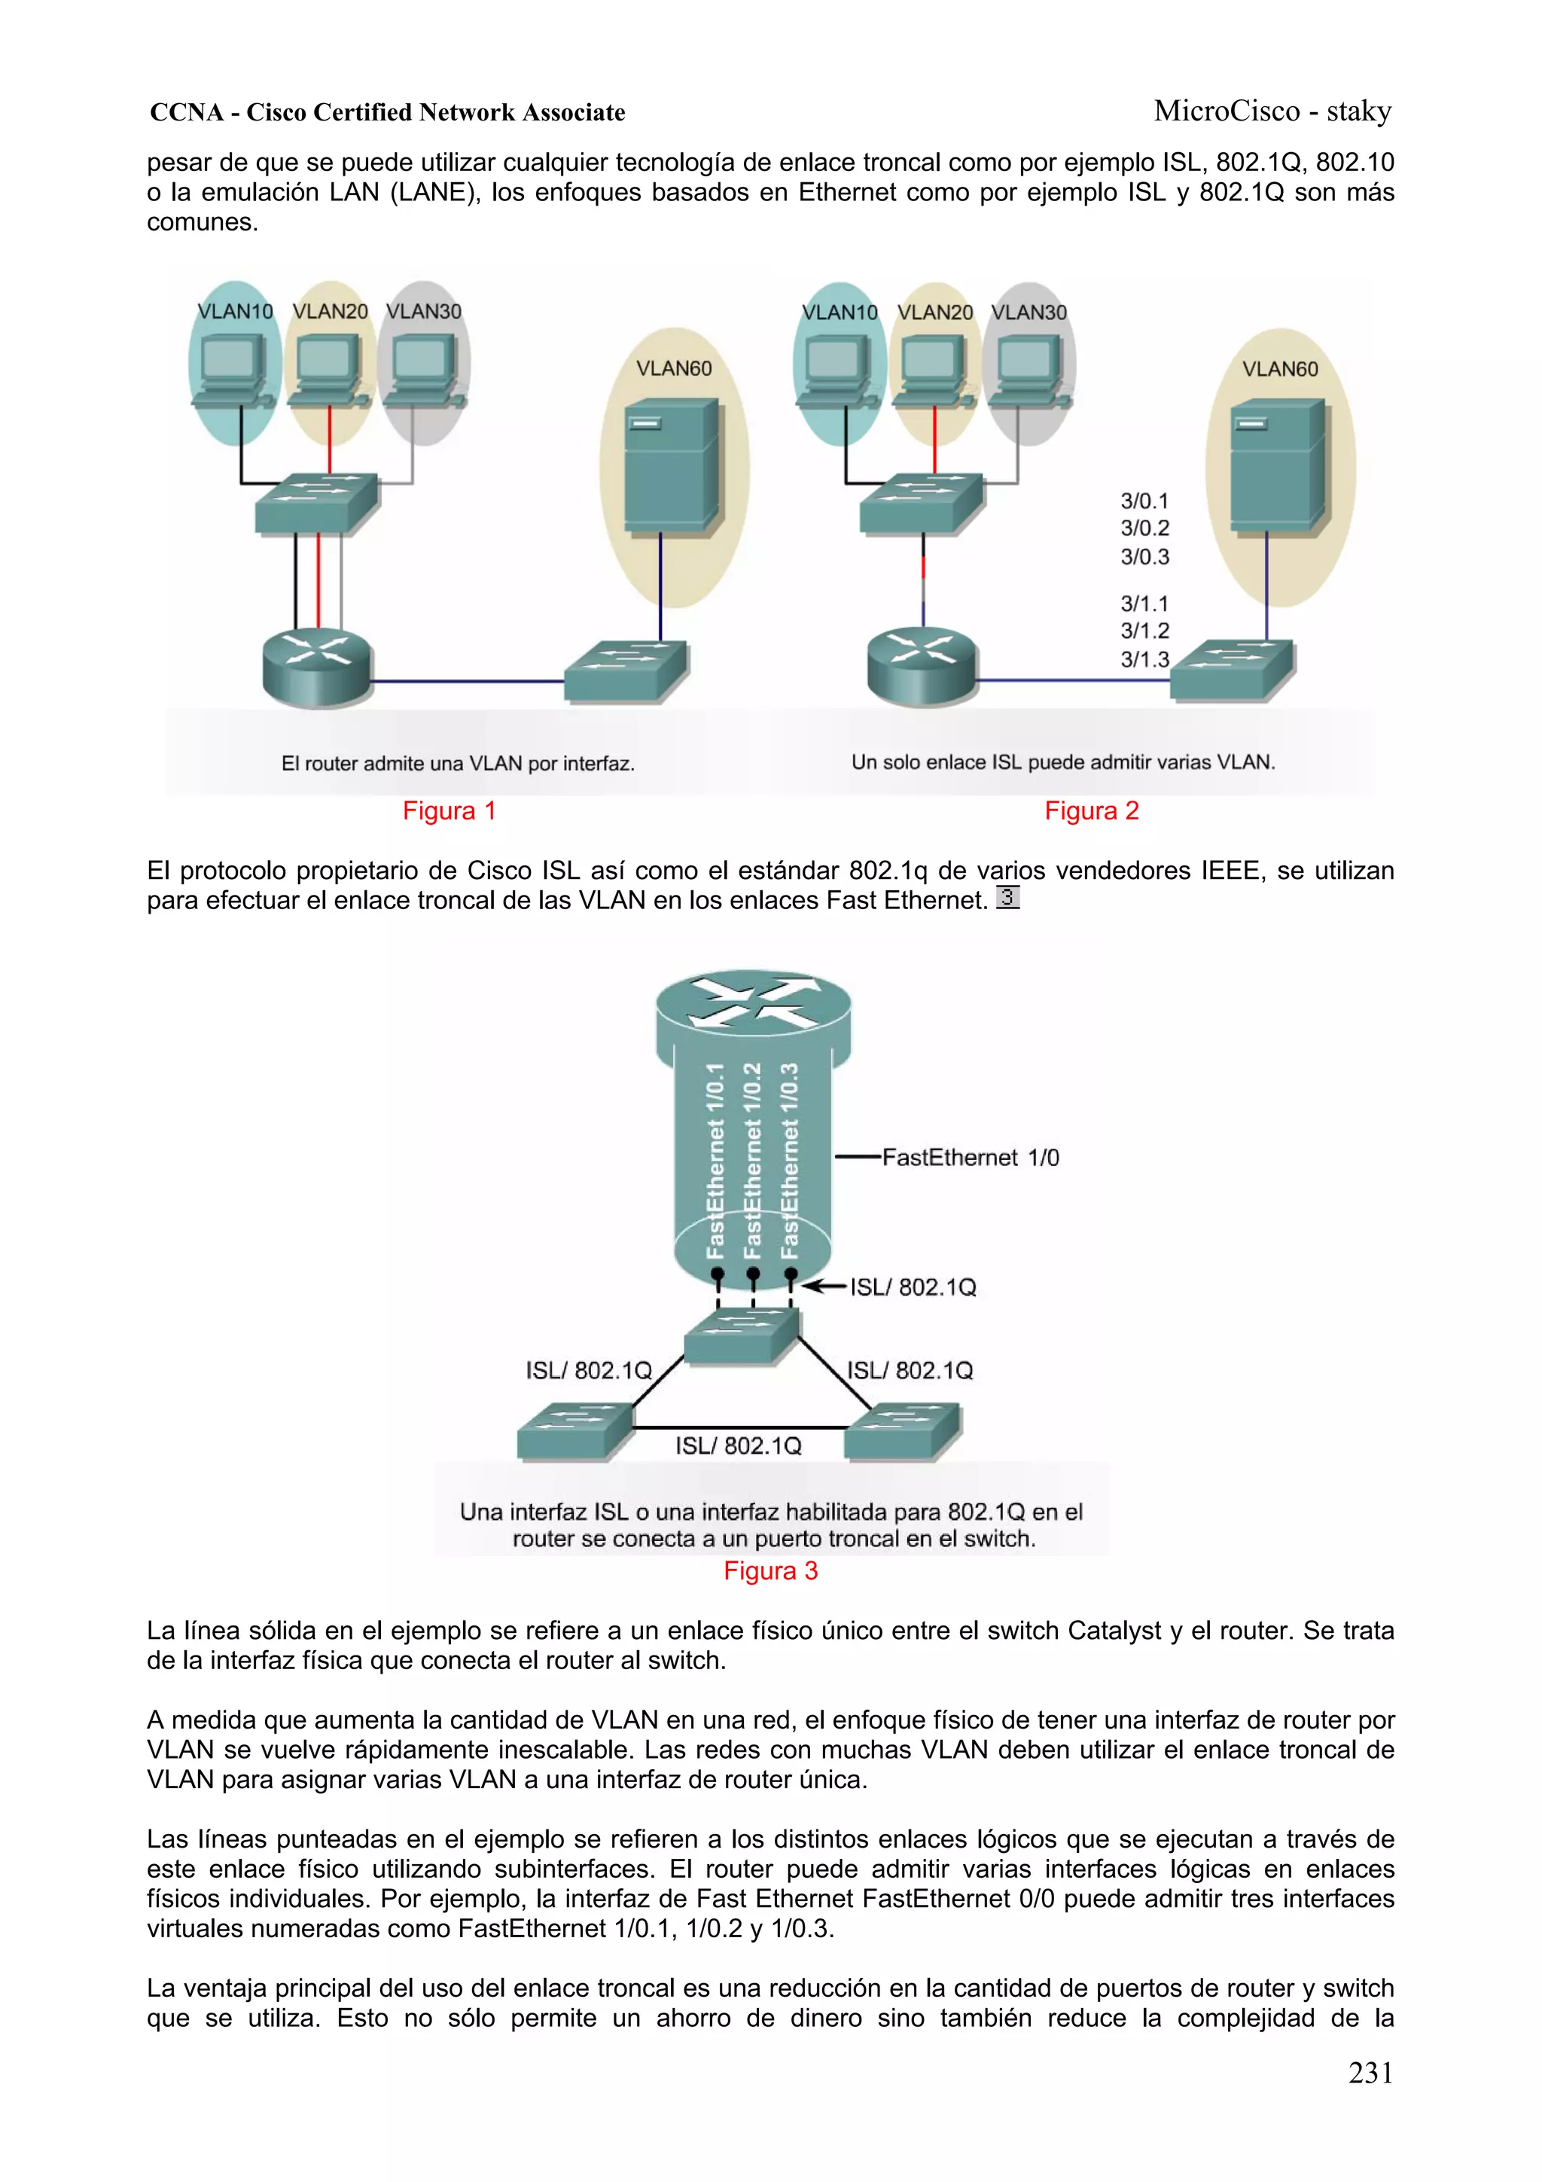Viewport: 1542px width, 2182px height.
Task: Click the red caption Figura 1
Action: pos(449,810)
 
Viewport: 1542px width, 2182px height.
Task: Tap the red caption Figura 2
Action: pos(1091,810)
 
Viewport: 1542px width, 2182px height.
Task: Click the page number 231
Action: pos(1370,2073)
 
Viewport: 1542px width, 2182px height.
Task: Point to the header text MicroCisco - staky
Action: pos(1272,111)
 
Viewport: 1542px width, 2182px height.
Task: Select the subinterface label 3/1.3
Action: pos(1144,660)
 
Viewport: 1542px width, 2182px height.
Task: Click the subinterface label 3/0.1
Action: pos(1144,501)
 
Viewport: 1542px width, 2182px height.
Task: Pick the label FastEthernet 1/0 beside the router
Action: pos(969,1158)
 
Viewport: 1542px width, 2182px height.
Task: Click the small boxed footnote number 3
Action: pos(1007,897)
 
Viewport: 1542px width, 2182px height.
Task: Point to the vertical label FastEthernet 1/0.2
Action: pos(752,1161)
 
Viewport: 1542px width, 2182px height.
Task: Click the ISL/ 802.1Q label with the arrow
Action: pos(912,1288)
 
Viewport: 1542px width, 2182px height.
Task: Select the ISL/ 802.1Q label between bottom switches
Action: pos(738,1446)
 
